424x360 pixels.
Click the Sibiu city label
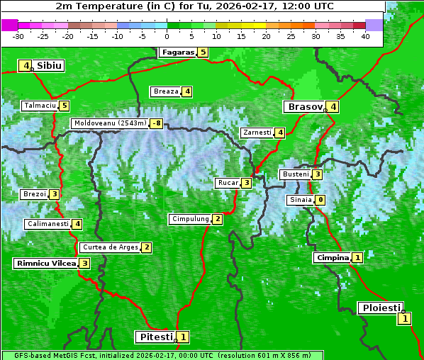(50, 66)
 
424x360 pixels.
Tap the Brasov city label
(303, 107)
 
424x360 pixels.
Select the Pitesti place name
(155, 337)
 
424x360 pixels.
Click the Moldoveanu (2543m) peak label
(109, 123)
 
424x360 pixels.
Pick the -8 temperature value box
(156, 123)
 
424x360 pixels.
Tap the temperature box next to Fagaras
(203, 52)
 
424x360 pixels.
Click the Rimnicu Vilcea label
(45, 263)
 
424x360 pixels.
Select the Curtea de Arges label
(109, 247)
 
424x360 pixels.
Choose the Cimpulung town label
(189, 219)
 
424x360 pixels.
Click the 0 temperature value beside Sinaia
(320, 200)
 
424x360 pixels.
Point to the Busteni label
(295, 174)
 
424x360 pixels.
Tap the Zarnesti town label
(257, 133)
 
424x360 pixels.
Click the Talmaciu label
(40, 106)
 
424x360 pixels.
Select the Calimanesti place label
(48, 224)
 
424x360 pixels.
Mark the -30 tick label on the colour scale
(18, 36)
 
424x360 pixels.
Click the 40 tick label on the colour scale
(365, 36)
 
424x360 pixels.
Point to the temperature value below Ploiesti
(404, 318)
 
